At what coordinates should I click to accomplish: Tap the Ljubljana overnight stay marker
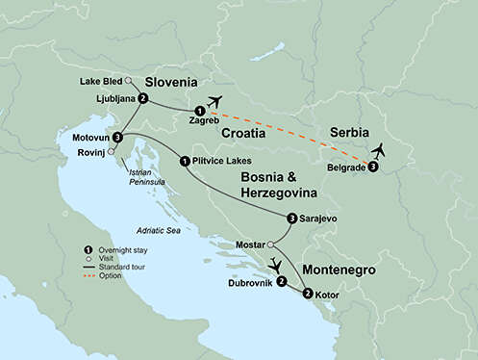click(142, 98)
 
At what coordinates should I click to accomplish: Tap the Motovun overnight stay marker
click(116, 138)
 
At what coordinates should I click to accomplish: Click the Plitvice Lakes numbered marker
click(184, 161)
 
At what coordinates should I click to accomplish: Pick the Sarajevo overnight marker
click(292, 218)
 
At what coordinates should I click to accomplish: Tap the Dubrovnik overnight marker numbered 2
click(281, 282)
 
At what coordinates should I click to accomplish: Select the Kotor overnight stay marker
click(307, 294)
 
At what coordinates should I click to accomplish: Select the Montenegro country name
click(339, 270)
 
